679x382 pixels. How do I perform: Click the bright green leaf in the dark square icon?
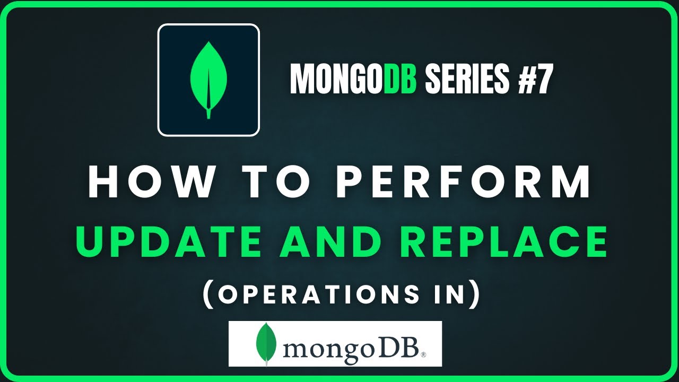point(208,80)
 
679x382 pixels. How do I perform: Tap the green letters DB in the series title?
point(400,79)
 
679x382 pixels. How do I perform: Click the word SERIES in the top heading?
point(467,79)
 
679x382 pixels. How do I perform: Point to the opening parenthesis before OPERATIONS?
point(208,294)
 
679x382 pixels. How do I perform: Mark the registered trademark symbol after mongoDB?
point(423,354)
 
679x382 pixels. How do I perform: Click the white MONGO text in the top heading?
point(337,79)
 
